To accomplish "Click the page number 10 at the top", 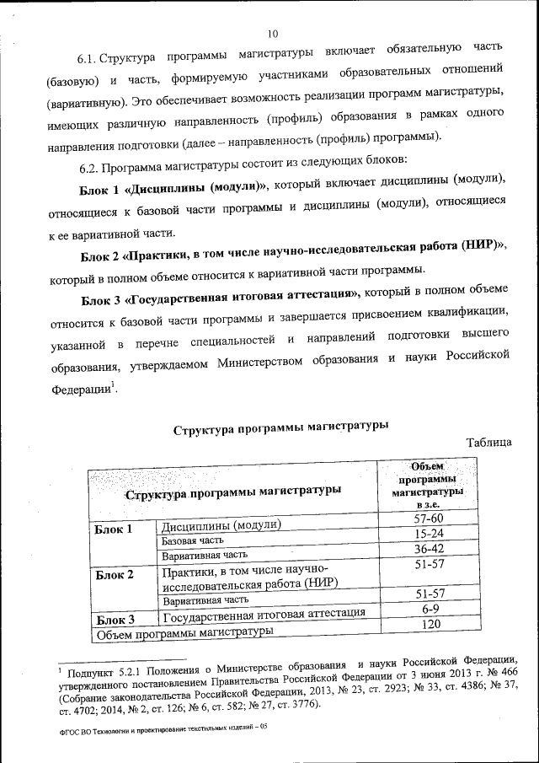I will pos(272,34).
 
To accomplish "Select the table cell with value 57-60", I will pos(429,519).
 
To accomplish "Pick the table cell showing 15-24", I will pos(429,535).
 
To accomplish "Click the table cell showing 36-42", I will pos(429,549).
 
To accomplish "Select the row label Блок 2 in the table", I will pos(115,576).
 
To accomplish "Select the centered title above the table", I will pos(280,428).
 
